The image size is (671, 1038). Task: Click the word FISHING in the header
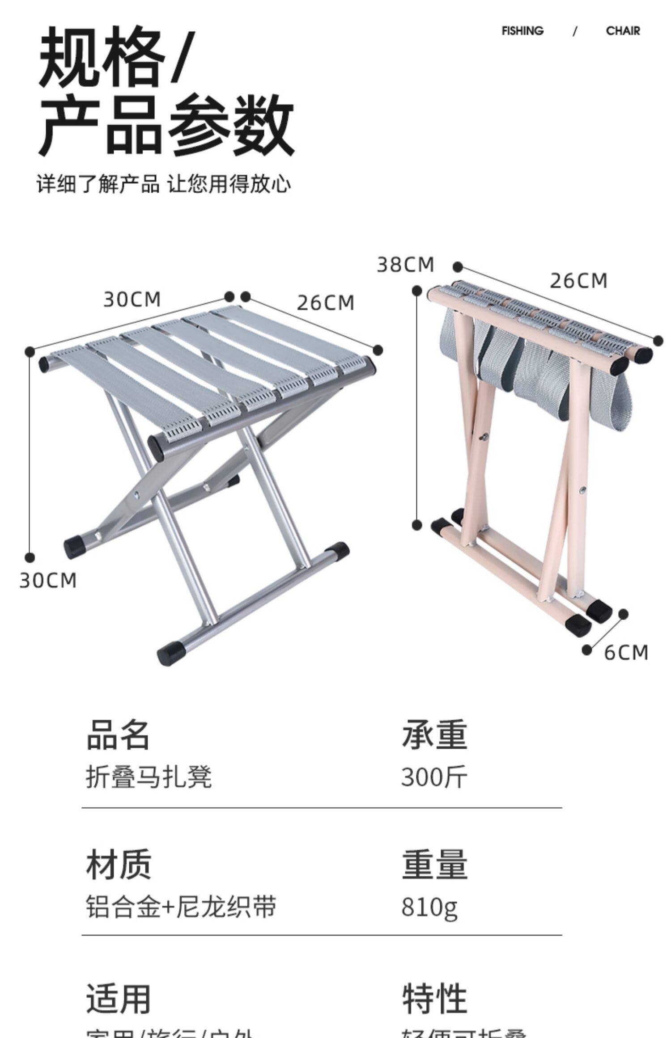522,31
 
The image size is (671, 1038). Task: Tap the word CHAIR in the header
623,31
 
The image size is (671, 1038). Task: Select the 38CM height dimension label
405,265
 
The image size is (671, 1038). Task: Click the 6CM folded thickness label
625,653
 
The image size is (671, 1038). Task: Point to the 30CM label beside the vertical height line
48,581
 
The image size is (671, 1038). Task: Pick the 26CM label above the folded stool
578,281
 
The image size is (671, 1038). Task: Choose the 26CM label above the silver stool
325,303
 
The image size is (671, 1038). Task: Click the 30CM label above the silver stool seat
132,299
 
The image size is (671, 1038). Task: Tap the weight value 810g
429,907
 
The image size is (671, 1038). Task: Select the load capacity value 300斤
434,777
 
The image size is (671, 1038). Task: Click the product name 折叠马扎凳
149,777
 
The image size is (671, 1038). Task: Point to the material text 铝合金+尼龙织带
181,907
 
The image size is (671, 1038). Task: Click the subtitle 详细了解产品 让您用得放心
164,184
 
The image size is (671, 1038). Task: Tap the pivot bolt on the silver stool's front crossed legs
137,494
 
